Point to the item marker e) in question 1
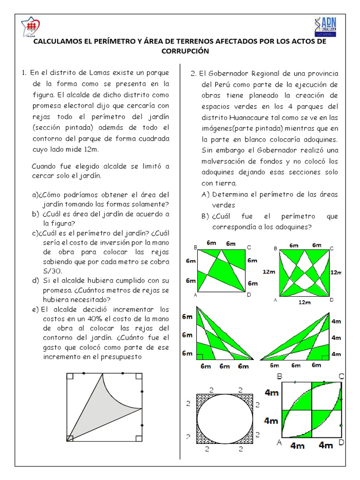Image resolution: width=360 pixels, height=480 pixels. point(35,309)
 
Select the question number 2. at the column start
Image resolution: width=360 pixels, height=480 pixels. point(193,74)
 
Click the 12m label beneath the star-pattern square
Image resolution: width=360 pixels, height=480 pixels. point(305,302)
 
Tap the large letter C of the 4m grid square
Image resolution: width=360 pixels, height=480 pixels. point(341,376)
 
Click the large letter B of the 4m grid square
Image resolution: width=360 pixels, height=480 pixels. point(280,376)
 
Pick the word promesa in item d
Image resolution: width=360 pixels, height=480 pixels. point(46,290)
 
